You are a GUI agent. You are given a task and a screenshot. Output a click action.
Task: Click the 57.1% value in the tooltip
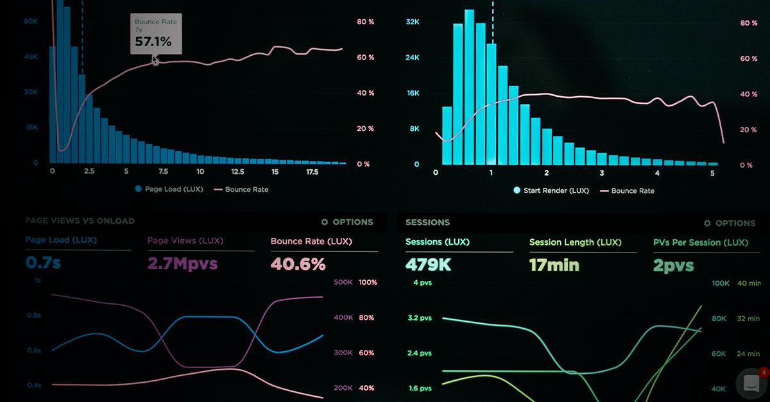coord(153,42)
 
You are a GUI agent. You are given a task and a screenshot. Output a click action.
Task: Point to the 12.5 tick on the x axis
coord(237,172)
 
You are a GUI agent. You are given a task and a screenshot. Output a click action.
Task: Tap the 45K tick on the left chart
coord(31,56)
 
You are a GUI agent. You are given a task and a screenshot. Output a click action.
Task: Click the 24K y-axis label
coord(413,58)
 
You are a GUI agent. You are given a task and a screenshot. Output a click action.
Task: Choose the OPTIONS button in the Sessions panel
coord(729,223)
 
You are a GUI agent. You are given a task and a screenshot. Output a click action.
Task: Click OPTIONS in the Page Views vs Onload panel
coord(346,222)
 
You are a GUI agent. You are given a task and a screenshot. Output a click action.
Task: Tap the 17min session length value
coord(554,264)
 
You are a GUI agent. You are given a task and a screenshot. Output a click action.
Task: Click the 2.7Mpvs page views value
coord(182,263)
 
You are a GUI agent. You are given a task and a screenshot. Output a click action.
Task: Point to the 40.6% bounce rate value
coord(298,264)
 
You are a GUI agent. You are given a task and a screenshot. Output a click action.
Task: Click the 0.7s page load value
coord(43,262)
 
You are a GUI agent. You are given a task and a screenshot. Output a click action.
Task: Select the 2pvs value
coord(673,265)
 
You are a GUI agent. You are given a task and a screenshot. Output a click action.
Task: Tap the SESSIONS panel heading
coord(427,222)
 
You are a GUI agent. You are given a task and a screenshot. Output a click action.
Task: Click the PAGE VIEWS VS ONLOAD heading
coord(80,221)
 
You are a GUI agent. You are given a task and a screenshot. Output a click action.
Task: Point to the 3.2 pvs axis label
coord(420,317)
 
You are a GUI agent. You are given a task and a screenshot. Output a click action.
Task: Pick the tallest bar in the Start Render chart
coord(470,87)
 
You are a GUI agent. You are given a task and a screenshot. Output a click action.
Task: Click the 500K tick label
coord(344,282)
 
